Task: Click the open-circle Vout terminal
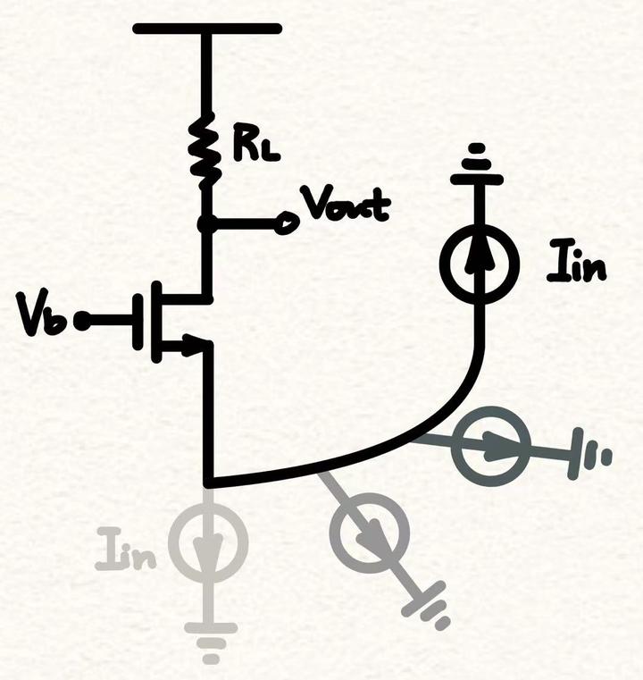point(286,224)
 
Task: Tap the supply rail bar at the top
point(207,29)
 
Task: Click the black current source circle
point(480,260)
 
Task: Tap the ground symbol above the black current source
point(477,166)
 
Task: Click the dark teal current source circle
point(490,446)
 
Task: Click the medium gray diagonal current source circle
point(370,533)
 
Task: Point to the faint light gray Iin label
point(126,550)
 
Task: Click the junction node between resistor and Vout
point(207,224)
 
